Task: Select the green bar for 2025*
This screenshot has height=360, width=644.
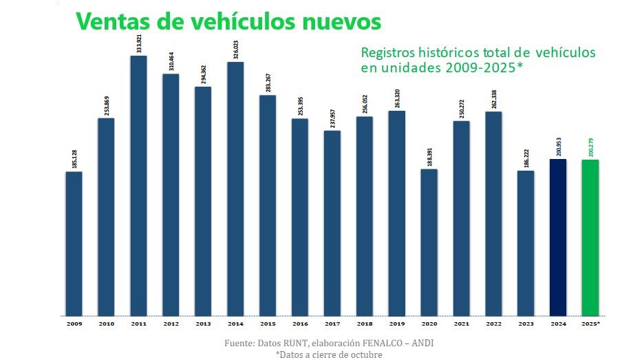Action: pyautogui.click(x=590, y=237)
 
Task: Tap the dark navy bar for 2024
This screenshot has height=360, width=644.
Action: pyautogui.click(x=558, y=237)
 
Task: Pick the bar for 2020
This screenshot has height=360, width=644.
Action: pyautogui.click(x=429, y=242)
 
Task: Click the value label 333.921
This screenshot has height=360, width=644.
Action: pyautogui.click(x=138, y=43)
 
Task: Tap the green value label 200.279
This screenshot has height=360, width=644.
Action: pyautogui.click(x=590, y=147)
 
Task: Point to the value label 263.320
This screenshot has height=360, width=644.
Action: pyautogui.click(x=396, y=98)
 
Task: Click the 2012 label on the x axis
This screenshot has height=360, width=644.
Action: pyautogui.click(x=171, y=323)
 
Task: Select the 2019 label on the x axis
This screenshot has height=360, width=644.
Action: pyautogui.click(x=396, y=323)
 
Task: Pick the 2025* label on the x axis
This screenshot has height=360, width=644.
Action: pyautogui.click(x=590, y=323)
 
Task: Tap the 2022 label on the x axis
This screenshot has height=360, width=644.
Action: pyautogui.click(x=493, y=323)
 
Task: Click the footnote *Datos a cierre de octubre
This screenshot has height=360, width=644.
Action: pyautogui.click(x=328, y=354)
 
